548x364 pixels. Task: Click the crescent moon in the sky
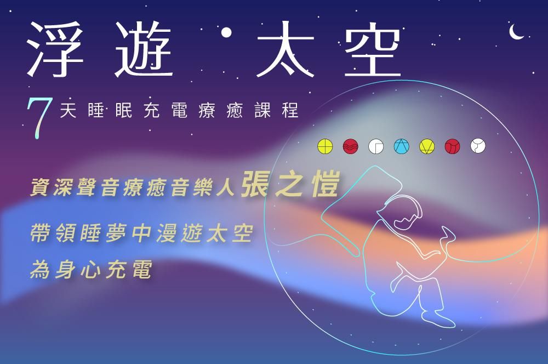(x=516, y=32)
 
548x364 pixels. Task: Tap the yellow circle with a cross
(x=325, y=146)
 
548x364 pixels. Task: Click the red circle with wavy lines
(x=350, y=146)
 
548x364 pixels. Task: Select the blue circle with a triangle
(x=402, y=146)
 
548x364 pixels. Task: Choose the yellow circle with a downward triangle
(x=427, y=146)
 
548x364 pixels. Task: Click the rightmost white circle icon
(x=478, y=146)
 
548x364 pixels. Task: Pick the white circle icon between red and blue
(x=376, y=146)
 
